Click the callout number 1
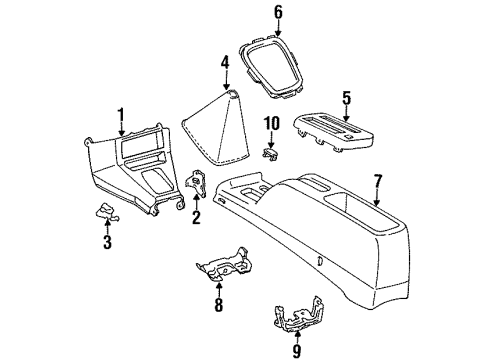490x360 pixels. pos(121,114)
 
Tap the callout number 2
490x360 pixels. pos(196,217)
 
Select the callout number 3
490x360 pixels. pos(107,242)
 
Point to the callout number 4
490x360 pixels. pos(226,62)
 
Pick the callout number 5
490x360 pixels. pos(346,98)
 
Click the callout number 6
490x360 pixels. pos(278,12)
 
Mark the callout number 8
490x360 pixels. pos(218,305)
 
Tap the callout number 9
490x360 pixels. pos(296,351)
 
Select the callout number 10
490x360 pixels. pos(272,124)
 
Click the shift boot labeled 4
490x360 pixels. pos(216,128)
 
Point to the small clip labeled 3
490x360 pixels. pos(107,213)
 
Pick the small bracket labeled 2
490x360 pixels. pos(196,183)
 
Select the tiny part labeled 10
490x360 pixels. pos(271,154)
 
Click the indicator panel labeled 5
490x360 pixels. pos(333,132)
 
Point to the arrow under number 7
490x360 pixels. pos(377,197)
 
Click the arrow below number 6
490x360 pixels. pos(278,28)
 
